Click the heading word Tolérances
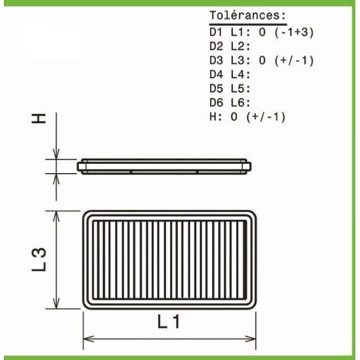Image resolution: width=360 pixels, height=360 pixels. point(247,15)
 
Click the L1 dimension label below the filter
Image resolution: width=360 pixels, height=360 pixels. point(169,322)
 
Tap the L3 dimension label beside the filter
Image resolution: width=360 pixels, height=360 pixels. point(39,260)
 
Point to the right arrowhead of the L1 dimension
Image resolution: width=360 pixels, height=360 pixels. point(250,339)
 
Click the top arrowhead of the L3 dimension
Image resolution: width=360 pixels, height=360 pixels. point(56,217)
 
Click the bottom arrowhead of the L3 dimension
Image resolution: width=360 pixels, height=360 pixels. point(56,303)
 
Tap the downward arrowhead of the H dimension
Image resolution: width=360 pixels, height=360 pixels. point(56,154)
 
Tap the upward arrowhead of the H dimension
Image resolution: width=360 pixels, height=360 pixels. point(56,179)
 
